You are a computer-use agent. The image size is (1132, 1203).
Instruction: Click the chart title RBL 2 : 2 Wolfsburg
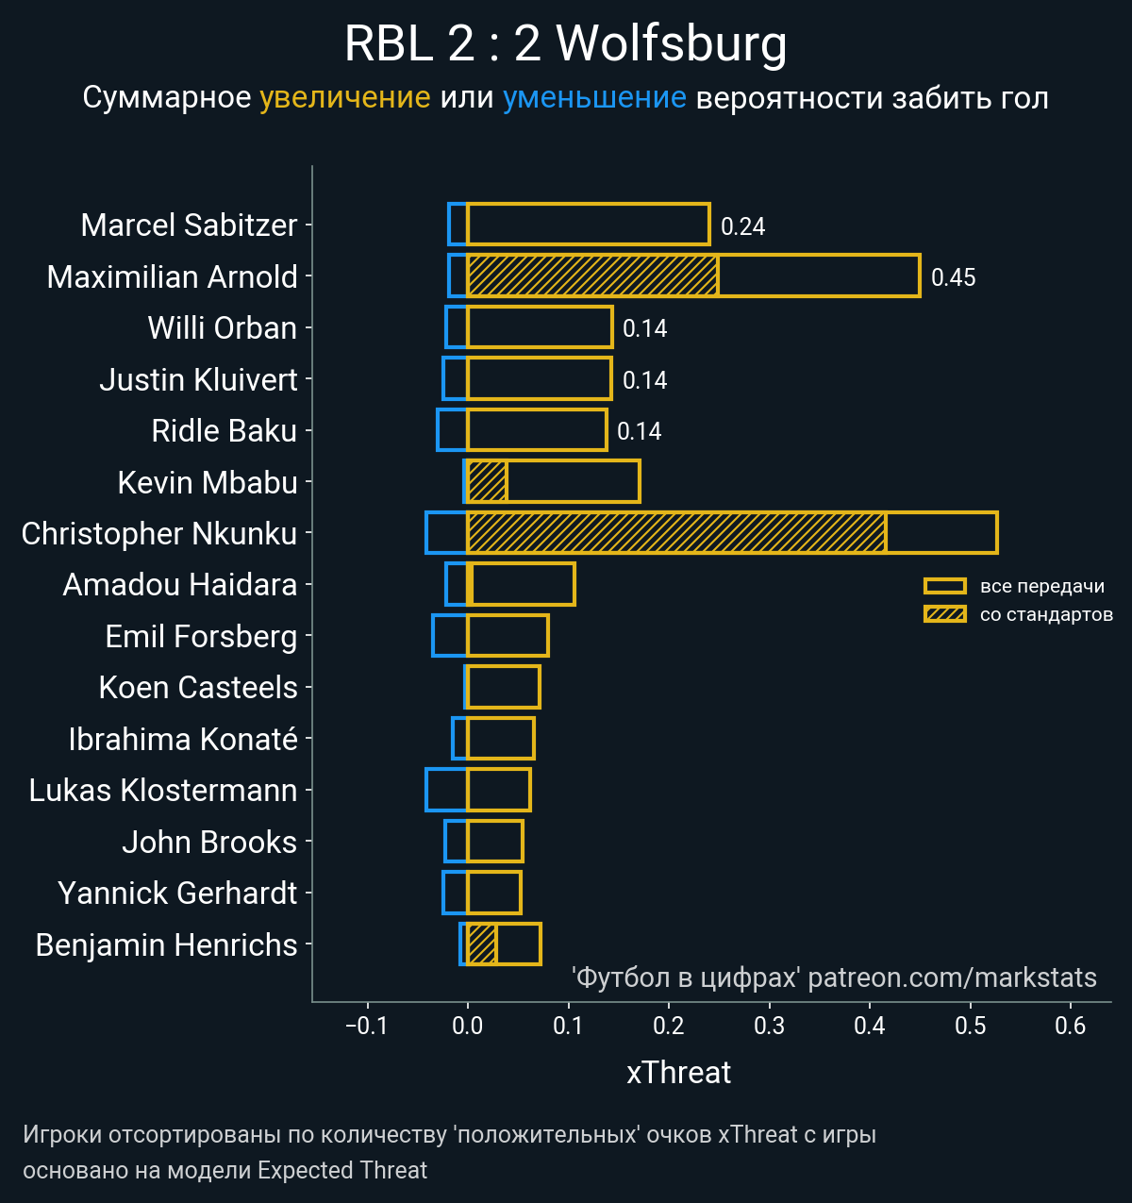(565, 44)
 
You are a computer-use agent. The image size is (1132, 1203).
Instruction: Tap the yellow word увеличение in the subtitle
(344, 98)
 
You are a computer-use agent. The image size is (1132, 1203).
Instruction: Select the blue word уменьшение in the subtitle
(594, 98)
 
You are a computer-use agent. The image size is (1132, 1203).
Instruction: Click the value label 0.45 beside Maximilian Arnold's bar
(953, 277)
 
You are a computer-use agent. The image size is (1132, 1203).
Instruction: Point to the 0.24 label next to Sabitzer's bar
(742, 226)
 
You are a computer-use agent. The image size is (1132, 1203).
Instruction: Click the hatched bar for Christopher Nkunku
(675, 533)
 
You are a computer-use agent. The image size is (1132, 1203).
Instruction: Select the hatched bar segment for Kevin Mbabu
(488, 482)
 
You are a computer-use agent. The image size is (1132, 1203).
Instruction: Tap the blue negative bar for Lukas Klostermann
(446, 790)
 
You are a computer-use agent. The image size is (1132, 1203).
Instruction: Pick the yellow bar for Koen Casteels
(504, 687)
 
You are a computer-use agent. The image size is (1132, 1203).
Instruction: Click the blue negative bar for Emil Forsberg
(450, 636)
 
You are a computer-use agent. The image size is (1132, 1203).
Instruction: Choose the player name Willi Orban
(223, 328)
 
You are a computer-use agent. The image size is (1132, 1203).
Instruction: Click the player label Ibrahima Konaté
(183, 739)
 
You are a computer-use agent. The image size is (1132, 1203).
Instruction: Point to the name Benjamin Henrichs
(166, 944)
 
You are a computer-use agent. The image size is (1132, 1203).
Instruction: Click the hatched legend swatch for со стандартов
(945, 614)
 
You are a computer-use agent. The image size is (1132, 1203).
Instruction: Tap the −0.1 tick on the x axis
(367, 1026)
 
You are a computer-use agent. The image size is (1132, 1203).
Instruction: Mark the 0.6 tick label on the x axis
(1071, 1026)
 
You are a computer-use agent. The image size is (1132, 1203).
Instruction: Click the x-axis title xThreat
(678, 1073)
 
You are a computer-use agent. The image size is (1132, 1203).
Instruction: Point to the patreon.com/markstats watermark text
(952, 977)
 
